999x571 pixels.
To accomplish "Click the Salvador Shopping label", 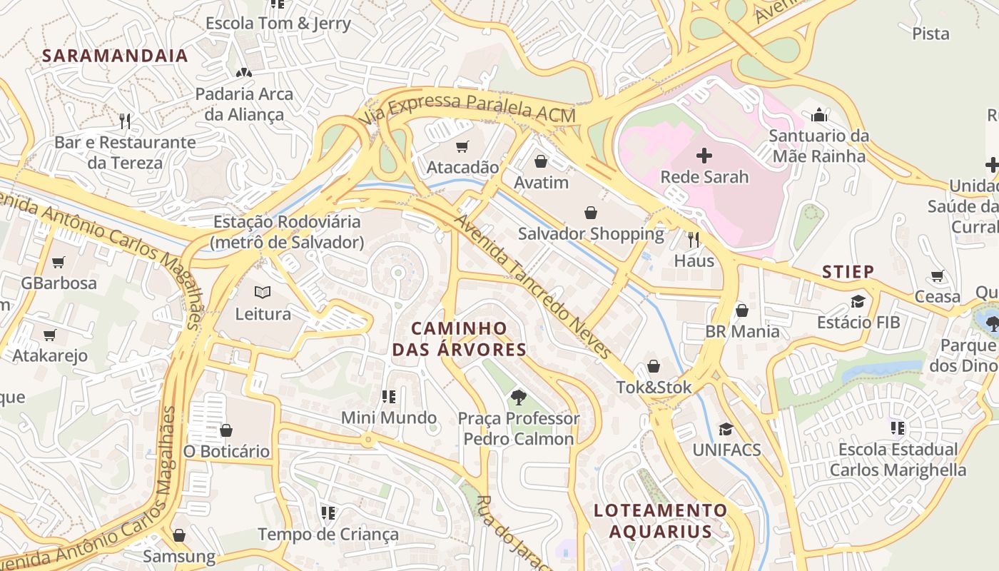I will coord(591,233).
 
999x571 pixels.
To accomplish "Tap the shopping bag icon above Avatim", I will coord(541,161).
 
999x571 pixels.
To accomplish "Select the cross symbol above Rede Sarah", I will coord(704,155).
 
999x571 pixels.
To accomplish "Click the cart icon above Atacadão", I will coord(462,147).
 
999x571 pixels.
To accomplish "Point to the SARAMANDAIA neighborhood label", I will coord(115,56).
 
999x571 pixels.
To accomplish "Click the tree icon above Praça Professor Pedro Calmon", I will coord(519,397).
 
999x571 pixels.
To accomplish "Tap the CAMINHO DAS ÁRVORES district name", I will coord(459,339).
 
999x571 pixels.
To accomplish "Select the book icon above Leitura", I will coord(263,293).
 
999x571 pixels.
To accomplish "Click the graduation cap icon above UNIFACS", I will coord(726,429).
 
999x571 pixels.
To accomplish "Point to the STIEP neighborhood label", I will coord(848,272).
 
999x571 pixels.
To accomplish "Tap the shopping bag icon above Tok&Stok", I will coord(654,367).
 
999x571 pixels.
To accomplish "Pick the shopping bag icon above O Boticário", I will coord(226,430).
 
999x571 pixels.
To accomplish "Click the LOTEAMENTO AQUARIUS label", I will coord(660,521).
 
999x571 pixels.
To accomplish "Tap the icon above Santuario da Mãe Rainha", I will coord(818,114).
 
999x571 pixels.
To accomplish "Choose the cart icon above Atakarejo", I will coord(50,335).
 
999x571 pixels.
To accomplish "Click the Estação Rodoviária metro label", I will coord(288,232).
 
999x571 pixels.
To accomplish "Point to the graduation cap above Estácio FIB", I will coord(858,301).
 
